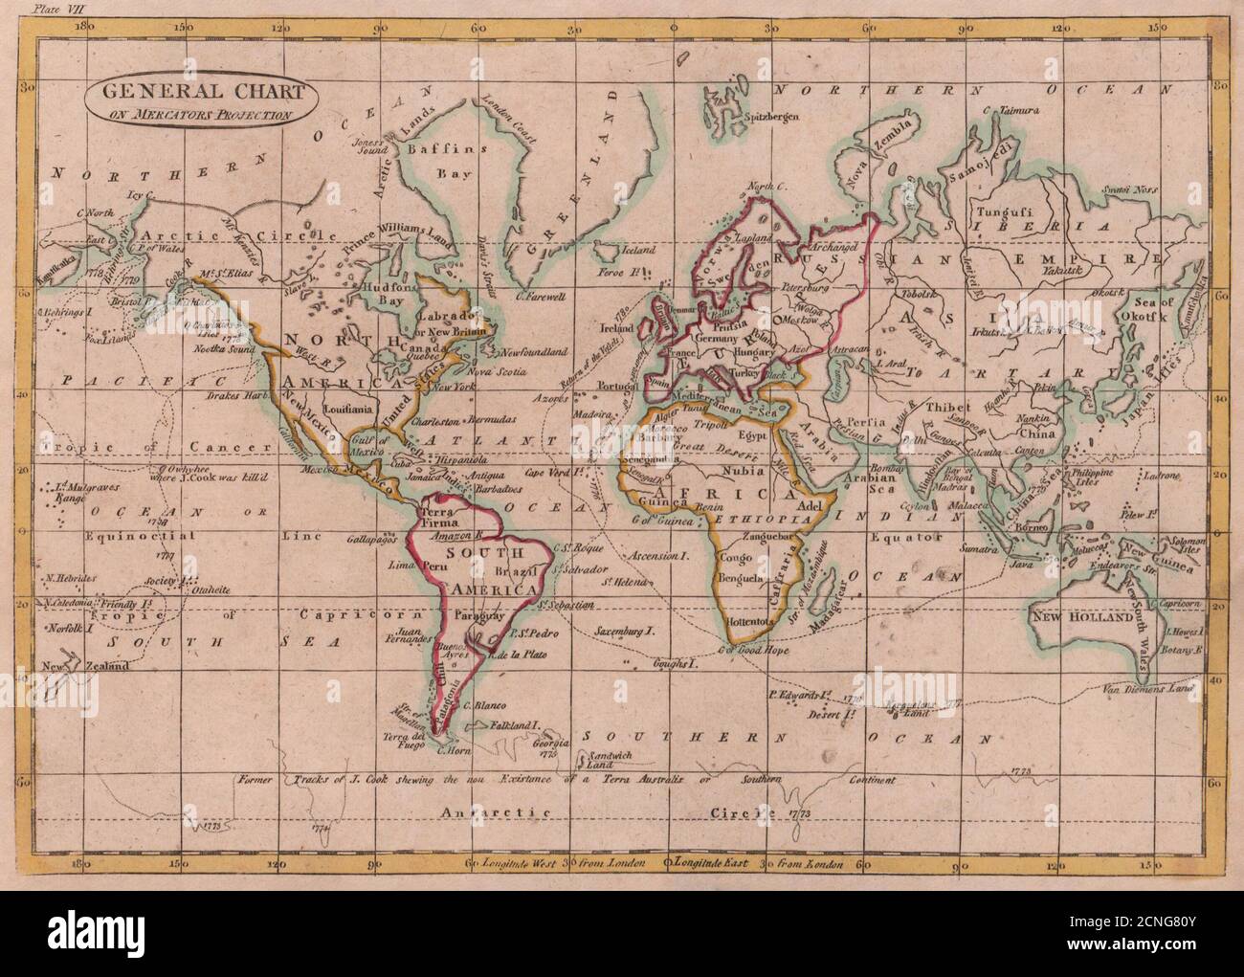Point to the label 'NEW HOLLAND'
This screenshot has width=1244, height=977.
1081,619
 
